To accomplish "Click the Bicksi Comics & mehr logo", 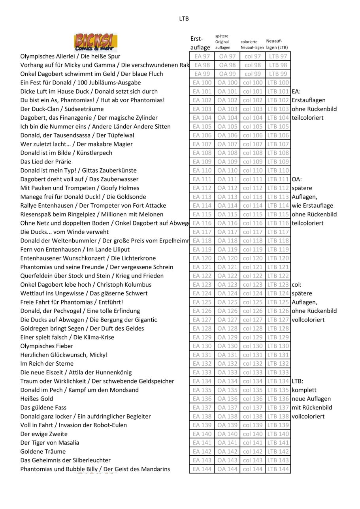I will [x=96, y=43].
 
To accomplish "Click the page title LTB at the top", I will [x=184, y=19].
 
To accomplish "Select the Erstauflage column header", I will [x=200, y=43].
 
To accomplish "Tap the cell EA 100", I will [x=202, y=83].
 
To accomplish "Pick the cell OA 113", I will [x=227, y=197].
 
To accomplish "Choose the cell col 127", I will [x=253, y=320].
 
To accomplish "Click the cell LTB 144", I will [x=278, y=469].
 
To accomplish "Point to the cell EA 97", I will [x=202, y=56].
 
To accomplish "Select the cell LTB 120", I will [x=278, y=258].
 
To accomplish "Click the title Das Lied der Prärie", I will [x=46, y=162].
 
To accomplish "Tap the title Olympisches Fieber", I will [x=47, y=346].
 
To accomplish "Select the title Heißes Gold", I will [x=37, y=399].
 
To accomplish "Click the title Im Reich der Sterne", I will [x=47, y=364].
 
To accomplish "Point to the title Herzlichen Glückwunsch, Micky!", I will [x=64, y=355].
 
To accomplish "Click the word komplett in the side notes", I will [x=304, y=390].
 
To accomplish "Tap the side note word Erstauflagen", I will [x=309, y=100].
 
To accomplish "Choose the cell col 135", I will [x=253, y=390].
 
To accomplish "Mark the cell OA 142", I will [x=227, y=451].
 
